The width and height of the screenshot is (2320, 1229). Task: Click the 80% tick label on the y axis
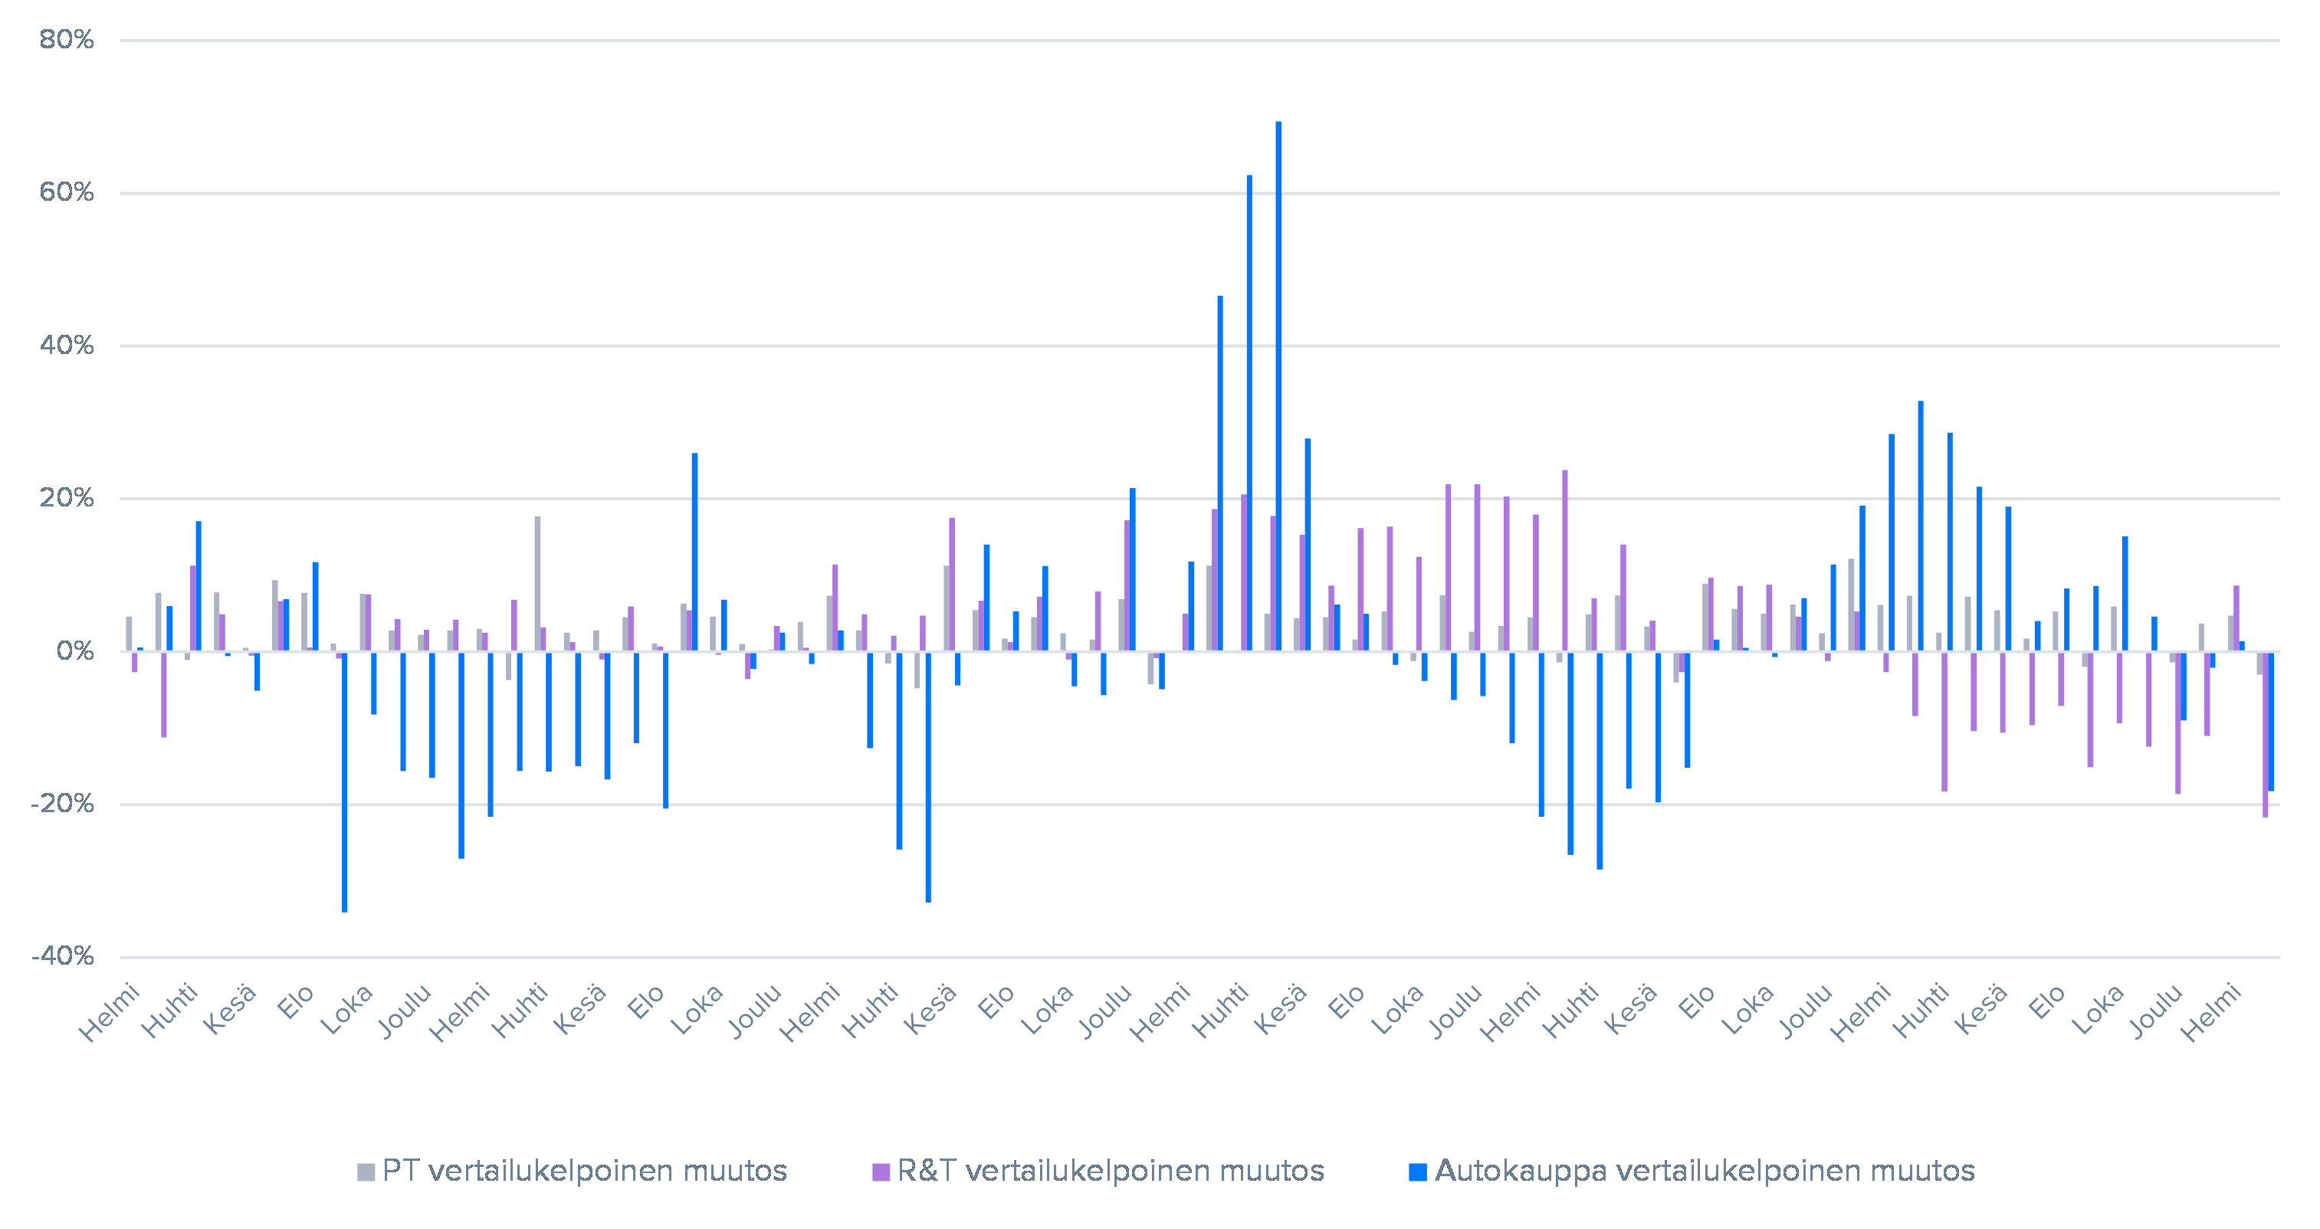pyautogui.click(x=67, y=40)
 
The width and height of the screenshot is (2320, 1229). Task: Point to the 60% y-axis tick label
pyautogui.click(x=67, y=192)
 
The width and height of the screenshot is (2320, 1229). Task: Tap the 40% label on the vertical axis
pyautogui.click(x=67, y=345)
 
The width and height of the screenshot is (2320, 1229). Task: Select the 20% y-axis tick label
pyautogui.click(x=67, y=498)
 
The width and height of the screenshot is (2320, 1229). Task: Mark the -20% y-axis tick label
pyautogui.click(x=62, y=803)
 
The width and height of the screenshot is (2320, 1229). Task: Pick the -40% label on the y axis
pyautogui.click(x=62, y=955)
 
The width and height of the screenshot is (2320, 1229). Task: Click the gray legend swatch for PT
pyautogui.click(x=366, y=1172)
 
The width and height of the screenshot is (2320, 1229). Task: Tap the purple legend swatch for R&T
pyautogui.click(x=881, y=1172)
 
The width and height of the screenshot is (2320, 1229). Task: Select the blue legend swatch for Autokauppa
pyautogui.click(x=1418, y=1172)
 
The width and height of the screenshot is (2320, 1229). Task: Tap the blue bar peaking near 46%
pyautogui.click(x=1220, y=473)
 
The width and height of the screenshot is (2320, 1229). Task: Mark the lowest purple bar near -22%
pyautogui.click(x=2265, y=734)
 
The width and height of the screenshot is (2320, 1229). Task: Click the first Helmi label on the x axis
pyautogui.click(x=110, y=1012)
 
